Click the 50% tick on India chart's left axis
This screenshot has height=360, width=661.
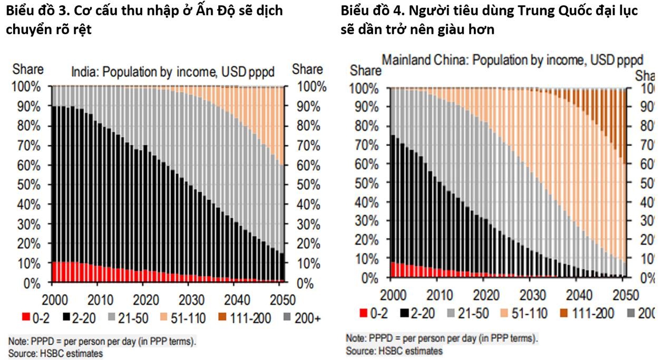pos(28,184)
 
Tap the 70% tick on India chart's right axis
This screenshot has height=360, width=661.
pos(307,145)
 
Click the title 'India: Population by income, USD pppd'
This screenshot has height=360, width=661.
pos(172,71)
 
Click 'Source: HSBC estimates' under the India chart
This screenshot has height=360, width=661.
pos(55,353)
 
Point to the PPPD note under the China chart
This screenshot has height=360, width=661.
pos(442,338)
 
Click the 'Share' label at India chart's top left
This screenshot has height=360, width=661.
pos(28,69)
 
